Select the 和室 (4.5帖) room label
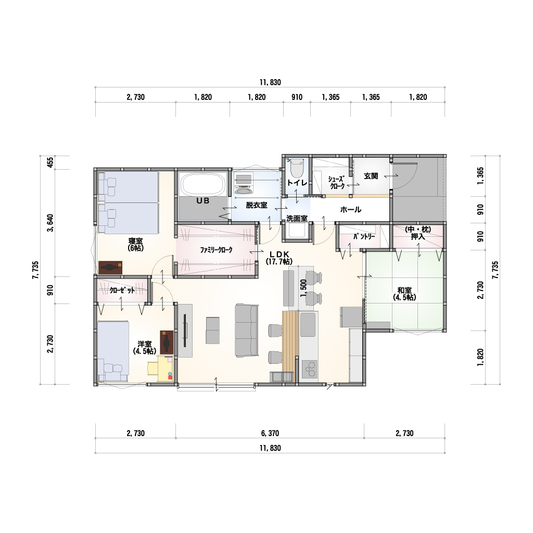click(x=404, y=294)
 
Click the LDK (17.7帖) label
click(x=279, y=258)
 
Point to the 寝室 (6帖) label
click(x=136, y=245)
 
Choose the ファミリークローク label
click(x=216, y=250)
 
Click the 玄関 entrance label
click(x=371, y=176)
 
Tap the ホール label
click(x=351, y=209)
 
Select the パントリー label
click(x=364, y=236)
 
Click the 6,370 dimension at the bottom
click(x=270, y=433)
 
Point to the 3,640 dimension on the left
click(x=50, y=223)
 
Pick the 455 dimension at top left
click(x=50, y=162)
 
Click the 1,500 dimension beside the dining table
click(x=303, y=288)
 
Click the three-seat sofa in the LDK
click(x=246, y=331)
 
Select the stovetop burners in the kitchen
click(x=310, y=369)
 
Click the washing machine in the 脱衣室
click(x=244, y=185)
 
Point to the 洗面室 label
click(x=297, y=219)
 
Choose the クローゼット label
click(x=122, y=290)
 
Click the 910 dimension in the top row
click(x=297, y=97)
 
